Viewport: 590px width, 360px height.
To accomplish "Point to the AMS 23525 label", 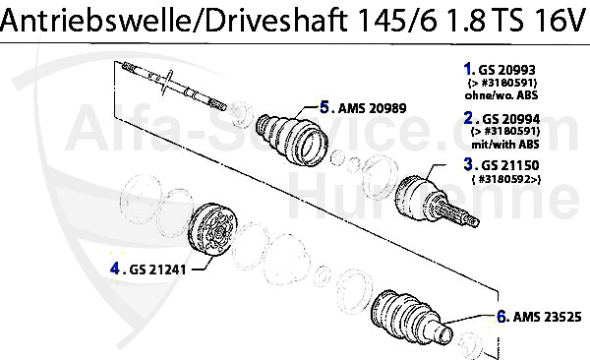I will pyautogui.click(x=546, y=318).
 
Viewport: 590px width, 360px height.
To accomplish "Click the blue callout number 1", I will pyautogui.click(x=467, y=69).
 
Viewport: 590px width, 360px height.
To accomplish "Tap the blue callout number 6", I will pyautogui.click(x=501, y=317).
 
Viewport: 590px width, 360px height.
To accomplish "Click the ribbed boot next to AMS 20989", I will pyautogui.click(x=291, y=139).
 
